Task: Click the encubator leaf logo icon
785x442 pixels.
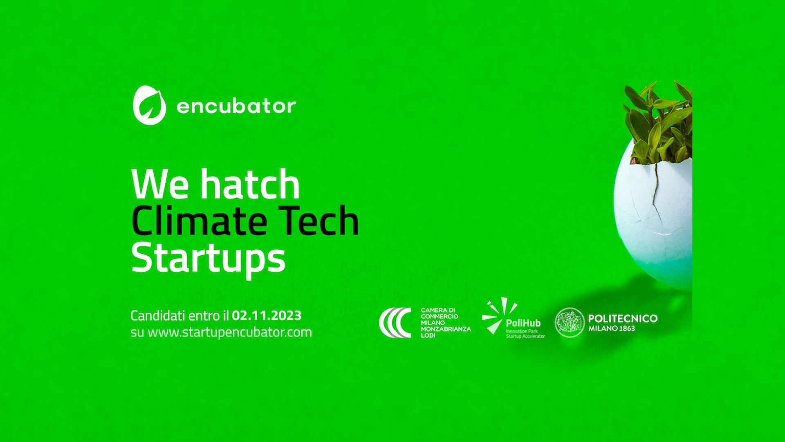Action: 150,105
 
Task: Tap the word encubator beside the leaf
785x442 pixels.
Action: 236,106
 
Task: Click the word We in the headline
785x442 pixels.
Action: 160,185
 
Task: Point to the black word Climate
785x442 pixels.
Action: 200,221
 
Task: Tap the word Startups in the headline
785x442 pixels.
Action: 208,259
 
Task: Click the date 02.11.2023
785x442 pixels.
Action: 267,316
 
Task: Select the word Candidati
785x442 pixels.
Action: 158,316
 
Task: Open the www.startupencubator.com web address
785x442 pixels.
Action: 229,332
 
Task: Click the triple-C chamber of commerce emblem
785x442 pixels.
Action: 395,322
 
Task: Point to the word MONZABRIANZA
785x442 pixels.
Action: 446,329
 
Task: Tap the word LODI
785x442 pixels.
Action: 428,335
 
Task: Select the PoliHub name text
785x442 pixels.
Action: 523,323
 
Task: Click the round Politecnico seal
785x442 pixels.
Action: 570,322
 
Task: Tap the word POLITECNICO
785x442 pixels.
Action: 623,318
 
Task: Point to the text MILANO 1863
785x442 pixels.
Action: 612,328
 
